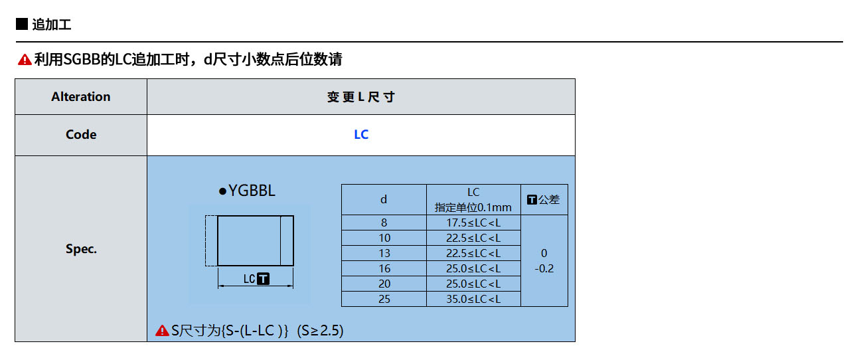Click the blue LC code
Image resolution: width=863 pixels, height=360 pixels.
(x=361, y=135)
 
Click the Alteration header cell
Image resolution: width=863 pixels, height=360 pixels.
(x=81, y=97)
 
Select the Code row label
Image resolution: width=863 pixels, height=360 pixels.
(x=81, y=135)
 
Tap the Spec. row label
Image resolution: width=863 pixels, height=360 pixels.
(x=81, y=249)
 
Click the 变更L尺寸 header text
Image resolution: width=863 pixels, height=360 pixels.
(x=361, y=97)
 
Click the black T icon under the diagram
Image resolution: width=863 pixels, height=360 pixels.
(x=263, y=279)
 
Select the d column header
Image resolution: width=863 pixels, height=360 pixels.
(x=384, y=200)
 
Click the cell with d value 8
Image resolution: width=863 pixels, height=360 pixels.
(x=384, y=223)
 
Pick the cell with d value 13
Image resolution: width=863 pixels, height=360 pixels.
(x=384, y=253)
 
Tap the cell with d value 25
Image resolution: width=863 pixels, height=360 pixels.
(x=384, y=299)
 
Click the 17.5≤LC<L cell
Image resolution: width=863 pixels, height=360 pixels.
(x=473, y=223)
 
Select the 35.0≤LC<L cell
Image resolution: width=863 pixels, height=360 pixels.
(x=473, y=299)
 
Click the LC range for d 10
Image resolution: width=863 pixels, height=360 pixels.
(x=473, y=238)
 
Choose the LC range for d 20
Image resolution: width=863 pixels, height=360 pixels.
(x=473, y=284)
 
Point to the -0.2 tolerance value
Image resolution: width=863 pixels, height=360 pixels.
(x=544, y=268)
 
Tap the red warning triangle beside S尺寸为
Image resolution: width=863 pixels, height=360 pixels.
(x=162, y=331)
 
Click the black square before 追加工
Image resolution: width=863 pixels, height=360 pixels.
(x=22, y=24)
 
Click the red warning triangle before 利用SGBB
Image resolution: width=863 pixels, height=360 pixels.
(x=25, y=60)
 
